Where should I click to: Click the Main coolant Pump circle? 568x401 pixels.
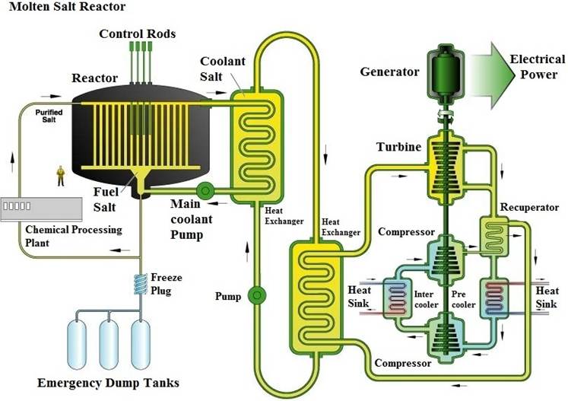[205, 190]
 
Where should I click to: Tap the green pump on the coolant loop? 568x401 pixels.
[257, 295]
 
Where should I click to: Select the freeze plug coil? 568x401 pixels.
[140, 284]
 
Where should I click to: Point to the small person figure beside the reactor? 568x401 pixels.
[61, 176]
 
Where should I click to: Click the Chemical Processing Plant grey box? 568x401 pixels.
[41, 209]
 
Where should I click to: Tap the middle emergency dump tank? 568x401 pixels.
[109, 345]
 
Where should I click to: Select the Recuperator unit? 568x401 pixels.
[494, 237]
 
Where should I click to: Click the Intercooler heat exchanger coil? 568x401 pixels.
[398, 298]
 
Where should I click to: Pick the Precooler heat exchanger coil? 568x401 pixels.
[494, 298]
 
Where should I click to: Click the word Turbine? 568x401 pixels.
[399, 147]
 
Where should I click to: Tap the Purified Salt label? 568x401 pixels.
[49, 116]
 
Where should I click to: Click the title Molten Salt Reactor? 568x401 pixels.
[67, 7]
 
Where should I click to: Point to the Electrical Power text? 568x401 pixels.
[538, 67]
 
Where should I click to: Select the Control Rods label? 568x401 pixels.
[138, 33]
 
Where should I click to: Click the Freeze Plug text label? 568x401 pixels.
[167, 284]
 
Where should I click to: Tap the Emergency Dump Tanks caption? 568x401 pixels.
[108, 383]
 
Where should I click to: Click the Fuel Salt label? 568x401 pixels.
[104, 199]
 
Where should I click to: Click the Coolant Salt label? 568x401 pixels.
[223, 69]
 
